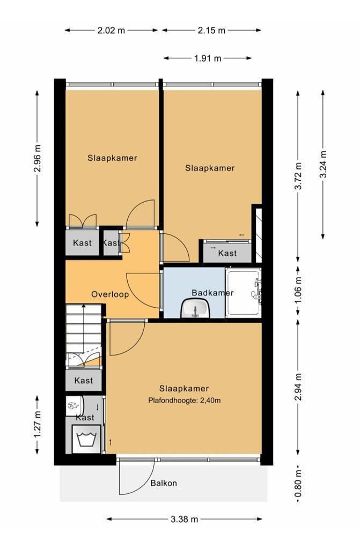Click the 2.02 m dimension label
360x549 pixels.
coord(111,31)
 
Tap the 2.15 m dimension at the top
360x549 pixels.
coord(211,31)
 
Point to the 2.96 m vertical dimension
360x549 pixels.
coord(37,159)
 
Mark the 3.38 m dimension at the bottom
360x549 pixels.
coord(184,519)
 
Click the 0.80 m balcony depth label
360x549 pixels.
coord(298,484)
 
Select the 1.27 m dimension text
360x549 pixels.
coord(37,424)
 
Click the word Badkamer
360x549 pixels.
coord(213,293)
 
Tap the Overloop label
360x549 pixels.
coord(109,294)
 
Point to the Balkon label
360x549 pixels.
coord(164,483)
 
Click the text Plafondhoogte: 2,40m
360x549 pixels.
coord(184,400)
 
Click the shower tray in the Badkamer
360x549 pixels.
coord(243,293)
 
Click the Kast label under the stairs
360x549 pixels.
coord(83,381)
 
